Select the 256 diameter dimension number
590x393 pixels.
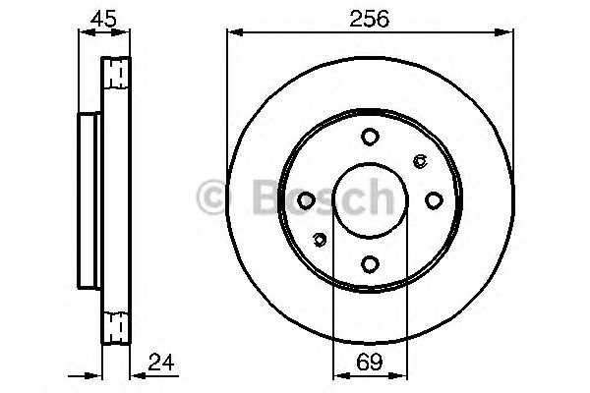tap(369, 17)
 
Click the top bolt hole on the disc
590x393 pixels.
tap(369, 137)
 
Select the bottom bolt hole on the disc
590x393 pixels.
tap(369, 262)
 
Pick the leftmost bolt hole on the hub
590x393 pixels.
tap(306, 199)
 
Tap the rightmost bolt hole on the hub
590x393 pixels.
tap(433, 199)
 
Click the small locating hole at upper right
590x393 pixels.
tap(421, 161)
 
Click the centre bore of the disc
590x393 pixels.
tap(369, 199)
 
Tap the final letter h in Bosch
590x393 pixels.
tap(379, 196)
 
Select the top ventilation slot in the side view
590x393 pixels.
tap(117, 73)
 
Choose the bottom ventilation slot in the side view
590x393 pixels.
tap(117, 326)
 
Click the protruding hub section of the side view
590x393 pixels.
tap(88, 199)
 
